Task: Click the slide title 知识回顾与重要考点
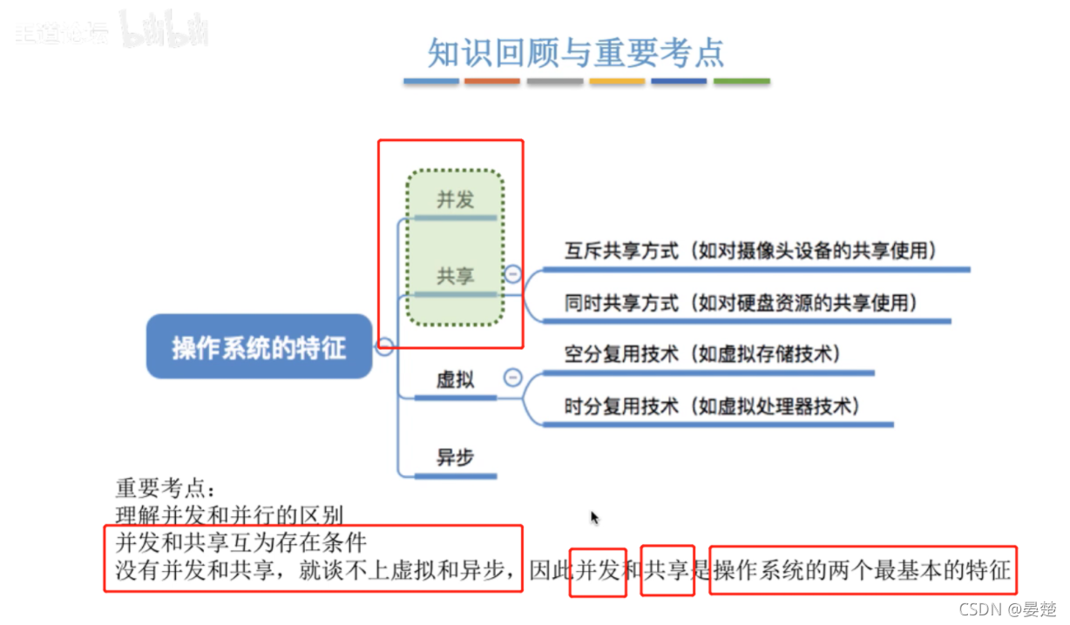click(x=576, y=53)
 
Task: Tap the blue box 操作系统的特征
click(x=259, y=347)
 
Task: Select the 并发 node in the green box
click(x=455, y=199)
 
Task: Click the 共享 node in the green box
click(x=455, y=276)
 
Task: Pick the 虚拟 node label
click(x=455, y=380)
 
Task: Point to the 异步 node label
click(x=455, y=457)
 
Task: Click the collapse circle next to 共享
click(x=513, y=274)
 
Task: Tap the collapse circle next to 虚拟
click(x=513, y=378)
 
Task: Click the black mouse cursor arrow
click(x=594, y=518)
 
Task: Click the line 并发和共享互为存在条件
click(x=241, y=542)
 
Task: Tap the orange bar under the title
click(x=492, y=82)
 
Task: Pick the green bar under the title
click(x=742, y=82)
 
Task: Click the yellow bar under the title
click(x=617, y=82)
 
